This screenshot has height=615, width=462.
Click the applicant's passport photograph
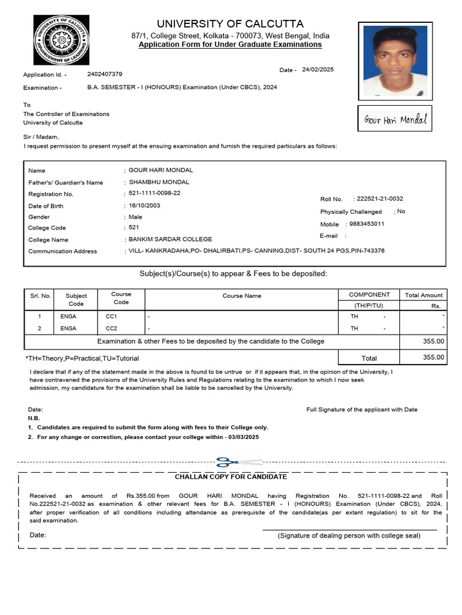tap(393, 61)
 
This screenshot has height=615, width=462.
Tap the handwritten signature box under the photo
tap(395, 119)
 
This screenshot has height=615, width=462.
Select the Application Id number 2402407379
tap(105, 74)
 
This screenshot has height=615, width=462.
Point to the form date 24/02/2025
tap(318, 70)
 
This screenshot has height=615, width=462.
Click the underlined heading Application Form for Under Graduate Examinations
tap(230, 45)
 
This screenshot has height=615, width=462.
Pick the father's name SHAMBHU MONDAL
tap(159, 182)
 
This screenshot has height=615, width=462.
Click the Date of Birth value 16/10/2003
tap(145, 205)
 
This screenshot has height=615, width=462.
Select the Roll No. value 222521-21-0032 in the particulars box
tap(380, 199)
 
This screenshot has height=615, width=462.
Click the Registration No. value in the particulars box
tap(155, 193)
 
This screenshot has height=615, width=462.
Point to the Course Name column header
tap(242, 295)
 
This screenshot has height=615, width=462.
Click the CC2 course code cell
tap(112, 329)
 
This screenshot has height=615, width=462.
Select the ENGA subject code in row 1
tap(69, 317)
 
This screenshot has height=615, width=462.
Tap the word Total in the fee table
tap(369, 358)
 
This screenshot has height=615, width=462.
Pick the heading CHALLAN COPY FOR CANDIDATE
tap(230, 477)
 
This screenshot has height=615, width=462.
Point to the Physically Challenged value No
tap(401, 211)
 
